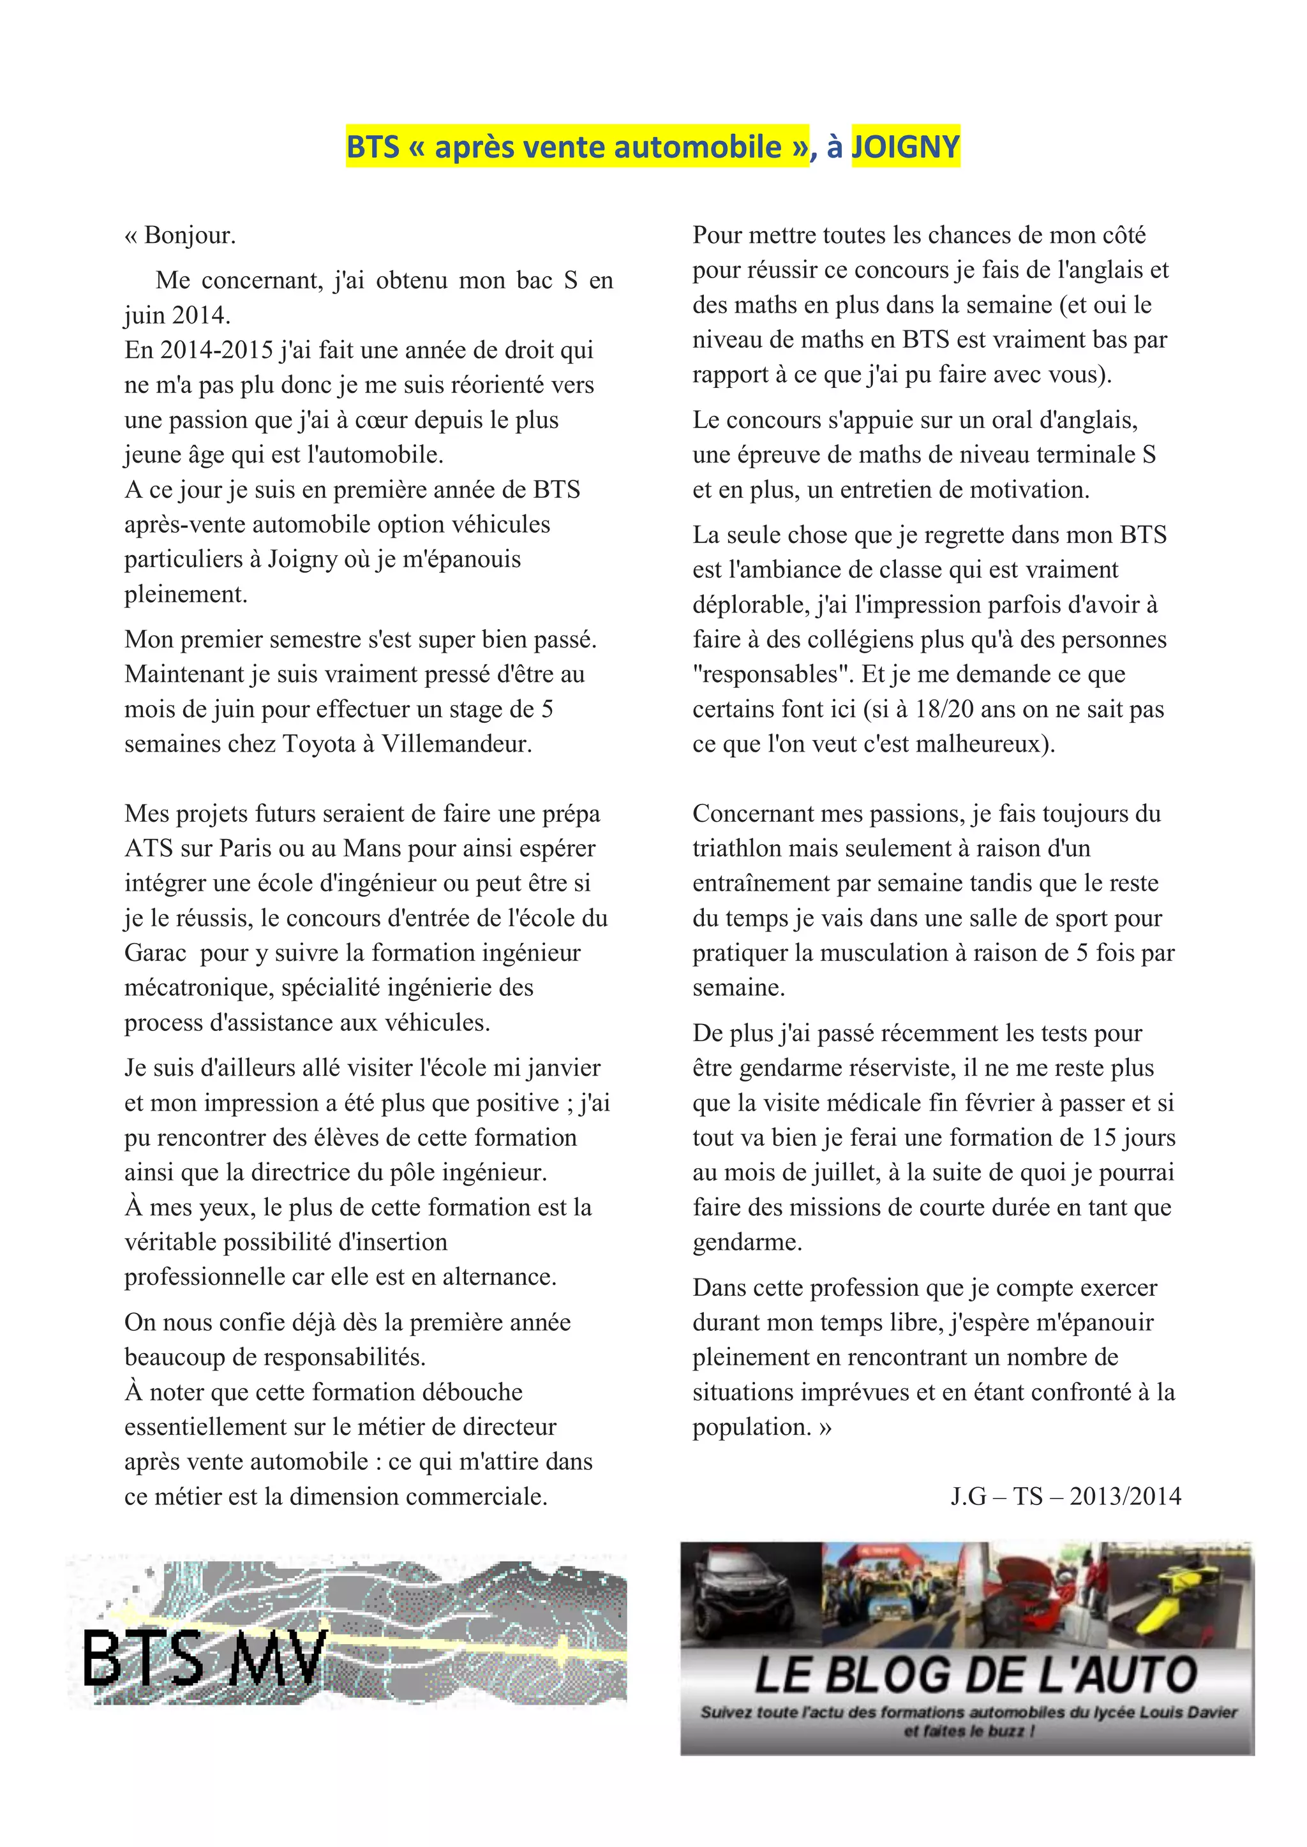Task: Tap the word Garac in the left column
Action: [155, 953]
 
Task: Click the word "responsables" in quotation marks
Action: [773, 674]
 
